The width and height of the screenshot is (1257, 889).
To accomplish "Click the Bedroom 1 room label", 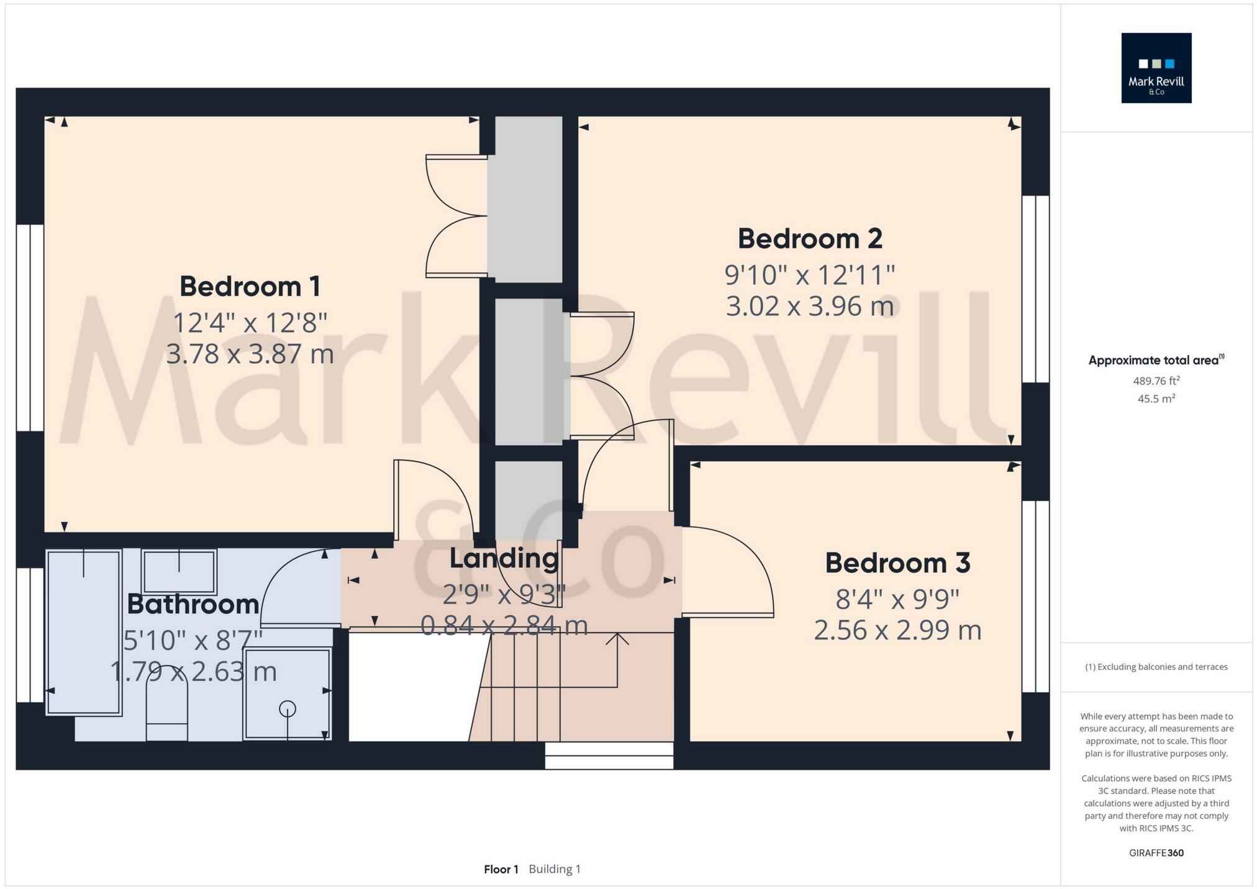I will (250, 286).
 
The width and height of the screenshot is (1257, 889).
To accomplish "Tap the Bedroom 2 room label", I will (810, 238).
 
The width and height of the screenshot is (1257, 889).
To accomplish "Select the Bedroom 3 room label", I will (897, 563).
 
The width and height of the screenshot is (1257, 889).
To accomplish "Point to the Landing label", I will (504, 558).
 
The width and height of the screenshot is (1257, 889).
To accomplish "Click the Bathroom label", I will (193, 604).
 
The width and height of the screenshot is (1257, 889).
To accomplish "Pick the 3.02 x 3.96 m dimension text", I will (810, 306).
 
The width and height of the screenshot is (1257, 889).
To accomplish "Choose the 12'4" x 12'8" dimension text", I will (250, 323).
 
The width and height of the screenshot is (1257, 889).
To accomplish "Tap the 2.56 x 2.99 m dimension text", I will (897, 630).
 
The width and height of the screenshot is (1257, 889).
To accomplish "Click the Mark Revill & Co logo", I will (1156, 68).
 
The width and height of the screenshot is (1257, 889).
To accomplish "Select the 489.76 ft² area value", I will (1156, 381).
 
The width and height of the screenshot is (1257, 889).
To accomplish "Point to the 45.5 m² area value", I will (1156, 399).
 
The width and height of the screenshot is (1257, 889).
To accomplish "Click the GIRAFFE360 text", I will (1156, 853).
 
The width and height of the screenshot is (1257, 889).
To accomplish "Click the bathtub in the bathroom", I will (84, 632).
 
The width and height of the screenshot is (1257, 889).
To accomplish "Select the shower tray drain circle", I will (288, 708).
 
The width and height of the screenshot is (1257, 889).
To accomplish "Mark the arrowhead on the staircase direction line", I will (617, 637).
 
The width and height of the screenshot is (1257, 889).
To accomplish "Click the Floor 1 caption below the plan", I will (501, 869).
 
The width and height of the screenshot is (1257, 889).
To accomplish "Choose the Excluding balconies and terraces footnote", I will (1156, 667).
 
